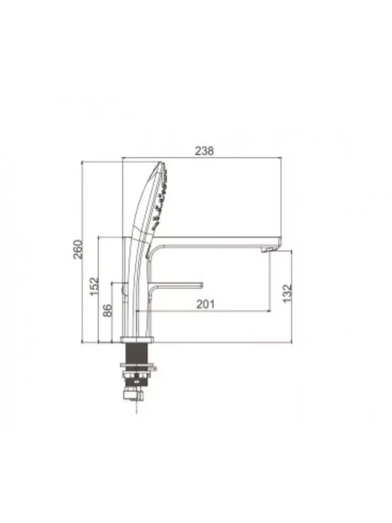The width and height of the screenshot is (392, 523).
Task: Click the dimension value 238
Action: pos(204,151)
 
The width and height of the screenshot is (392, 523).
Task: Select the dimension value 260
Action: pos(78,249)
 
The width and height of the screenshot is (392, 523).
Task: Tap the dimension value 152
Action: pos(95,286)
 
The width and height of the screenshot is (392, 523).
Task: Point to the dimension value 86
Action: pos(108,310)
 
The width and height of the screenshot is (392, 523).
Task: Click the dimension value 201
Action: pos(205,304)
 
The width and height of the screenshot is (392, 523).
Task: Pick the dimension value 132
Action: pos(287,293)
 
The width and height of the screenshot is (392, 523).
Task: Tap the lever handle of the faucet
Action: pos(176,286)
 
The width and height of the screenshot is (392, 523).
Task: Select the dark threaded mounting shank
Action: pos(137,353)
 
